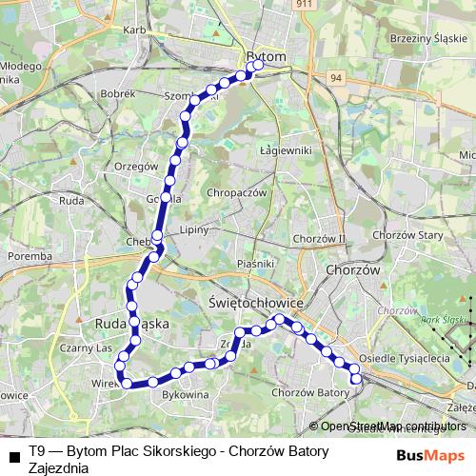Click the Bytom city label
tap(266, 57)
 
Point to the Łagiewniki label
tap(285, 150)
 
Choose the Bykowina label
tap(186, 393)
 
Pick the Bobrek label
tap(120, 95)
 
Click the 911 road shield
tap(303, 5)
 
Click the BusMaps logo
tap(430, 456)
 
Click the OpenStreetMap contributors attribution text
tap(393, 426)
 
